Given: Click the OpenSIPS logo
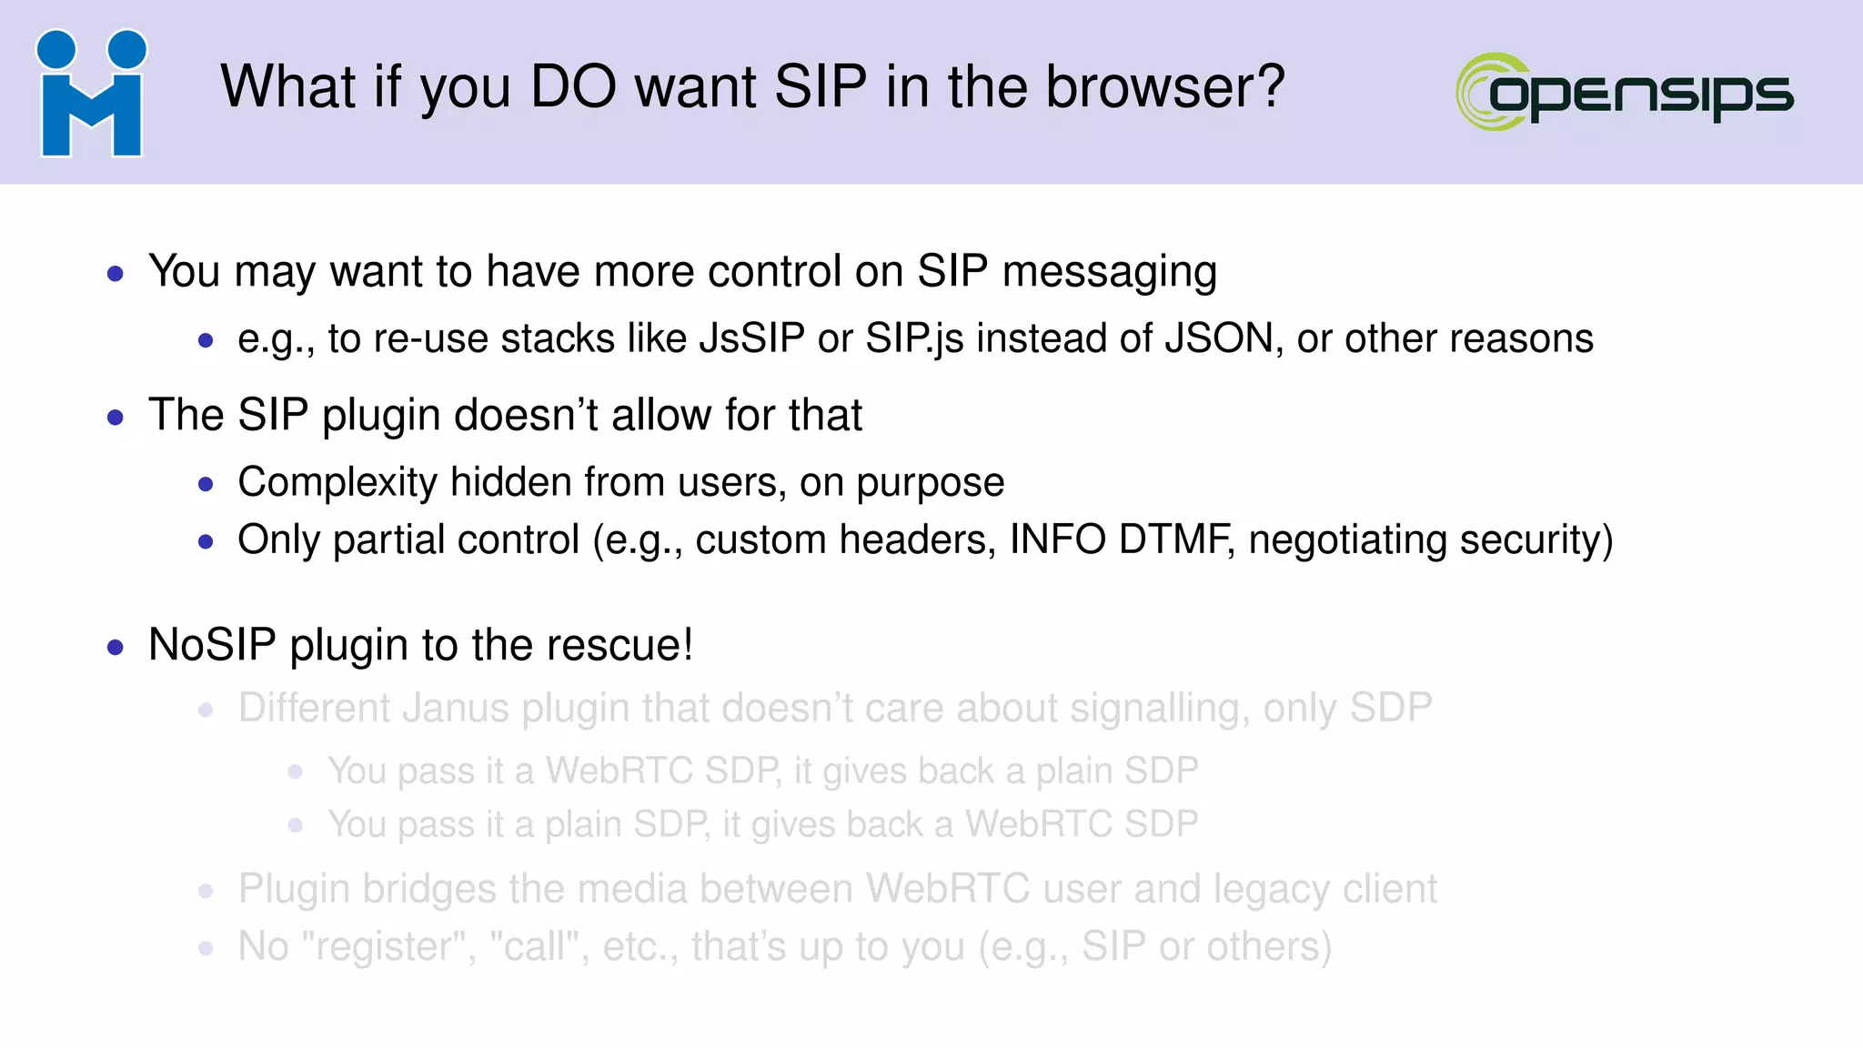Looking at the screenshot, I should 1625,92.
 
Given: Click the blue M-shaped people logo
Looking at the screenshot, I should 91,94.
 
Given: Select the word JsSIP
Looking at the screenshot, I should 751,338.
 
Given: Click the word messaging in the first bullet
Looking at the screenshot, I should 1109,272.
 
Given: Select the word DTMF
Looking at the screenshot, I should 1175,539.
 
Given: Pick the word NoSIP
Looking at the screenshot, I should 212,645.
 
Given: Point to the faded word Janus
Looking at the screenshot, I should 456,708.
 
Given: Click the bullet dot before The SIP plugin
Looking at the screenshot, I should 116,418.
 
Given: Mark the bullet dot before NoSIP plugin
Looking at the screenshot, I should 116,648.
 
